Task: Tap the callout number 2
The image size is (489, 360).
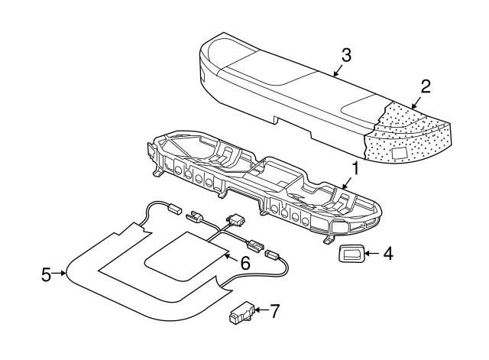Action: [x=426, y=86]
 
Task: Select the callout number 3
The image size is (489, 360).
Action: [x=346, y=55]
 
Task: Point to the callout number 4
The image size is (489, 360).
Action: [x=388, y=252]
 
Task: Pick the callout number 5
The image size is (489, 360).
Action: [x=47, y=273]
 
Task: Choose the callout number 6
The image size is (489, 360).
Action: [x=244, y=262]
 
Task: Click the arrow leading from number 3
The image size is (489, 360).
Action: [x=338, y=70]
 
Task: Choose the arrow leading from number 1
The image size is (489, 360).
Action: [x=347, y=181]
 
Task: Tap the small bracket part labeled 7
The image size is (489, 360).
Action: [x=243, y=314]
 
